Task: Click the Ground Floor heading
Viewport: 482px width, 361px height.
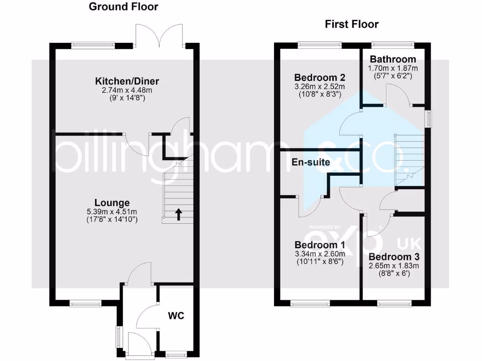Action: pos(123,7)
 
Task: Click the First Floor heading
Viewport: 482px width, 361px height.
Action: pos(352,24)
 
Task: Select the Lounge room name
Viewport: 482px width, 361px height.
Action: pos(112,203)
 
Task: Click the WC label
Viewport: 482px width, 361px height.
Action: pos(177,315)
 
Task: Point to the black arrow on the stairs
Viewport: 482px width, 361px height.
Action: pos(178,214)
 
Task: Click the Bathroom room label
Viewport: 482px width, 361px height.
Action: pos(393,59)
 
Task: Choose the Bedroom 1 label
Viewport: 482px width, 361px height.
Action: pos(320,245)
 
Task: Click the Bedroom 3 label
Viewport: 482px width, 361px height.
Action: pos(394,257)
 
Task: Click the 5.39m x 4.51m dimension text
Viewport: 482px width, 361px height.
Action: pos(112,212)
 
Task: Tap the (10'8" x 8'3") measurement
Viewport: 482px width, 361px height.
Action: pos(320,94)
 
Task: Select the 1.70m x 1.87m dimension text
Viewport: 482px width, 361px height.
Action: pos(393,68)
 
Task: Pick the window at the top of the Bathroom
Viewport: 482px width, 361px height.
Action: pos(393,45)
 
